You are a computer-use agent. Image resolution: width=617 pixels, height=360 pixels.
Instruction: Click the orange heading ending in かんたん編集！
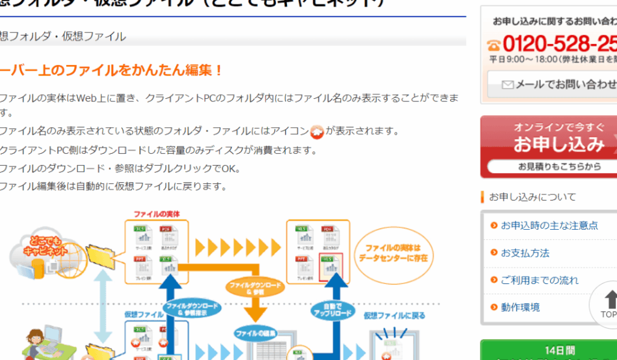point(111,70)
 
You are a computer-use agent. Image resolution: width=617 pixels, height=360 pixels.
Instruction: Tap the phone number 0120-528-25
point(557,44)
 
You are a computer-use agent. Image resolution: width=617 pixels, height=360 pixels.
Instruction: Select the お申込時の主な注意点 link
point(549,225)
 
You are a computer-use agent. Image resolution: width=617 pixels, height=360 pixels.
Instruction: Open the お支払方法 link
point(525,253)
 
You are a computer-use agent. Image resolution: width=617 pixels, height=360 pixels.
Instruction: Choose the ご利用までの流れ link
point(539,280)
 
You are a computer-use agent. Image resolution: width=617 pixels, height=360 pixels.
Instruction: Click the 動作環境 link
point(520,307)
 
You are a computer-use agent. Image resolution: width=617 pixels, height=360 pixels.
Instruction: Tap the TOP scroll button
point(607,304)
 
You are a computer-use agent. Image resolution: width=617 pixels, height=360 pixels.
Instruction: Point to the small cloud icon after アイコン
point(317,131)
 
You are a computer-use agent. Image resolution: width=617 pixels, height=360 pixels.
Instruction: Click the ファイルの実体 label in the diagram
point(157,214)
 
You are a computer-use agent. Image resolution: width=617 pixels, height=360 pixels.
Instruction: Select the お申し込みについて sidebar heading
point(532,197)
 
